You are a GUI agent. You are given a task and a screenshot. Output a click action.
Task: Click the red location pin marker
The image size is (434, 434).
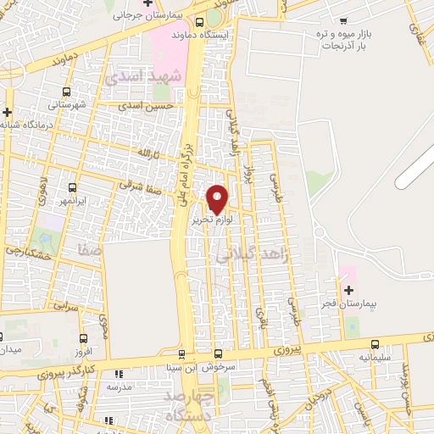click(x=217, y=198)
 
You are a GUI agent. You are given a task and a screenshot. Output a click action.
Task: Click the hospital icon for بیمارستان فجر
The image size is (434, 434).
click(x=348, y=290)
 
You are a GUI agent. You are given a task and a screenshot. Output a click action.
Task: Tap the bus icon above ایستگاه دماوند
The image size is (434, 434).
click(x=199, y=23)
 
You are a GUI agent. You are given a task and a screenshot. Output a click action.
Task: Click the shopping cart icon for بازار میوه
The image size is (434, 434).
click(x=342, y=21)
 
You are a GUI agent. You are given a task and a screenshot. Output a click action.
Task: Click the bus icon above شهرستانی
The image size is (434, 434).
click(x=66, y=91)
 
